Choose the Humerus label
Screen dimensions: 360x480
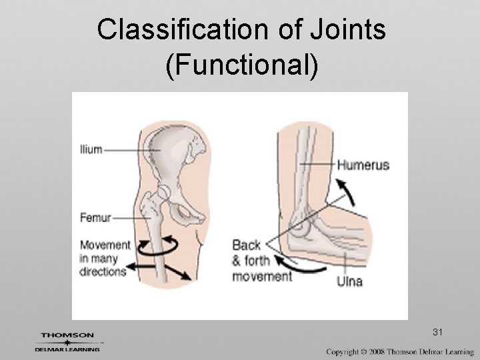pyautogui.click(x=363, y=165)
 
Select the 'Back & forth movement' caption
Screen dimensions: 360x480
pyautogui.click(x=258, y=259)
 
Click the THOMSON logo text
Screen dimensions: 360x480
pyautogui.click(x=67, y=335)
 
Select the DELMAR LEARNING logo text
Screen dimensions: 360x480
pyautogui.click(x=67, y=348)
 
